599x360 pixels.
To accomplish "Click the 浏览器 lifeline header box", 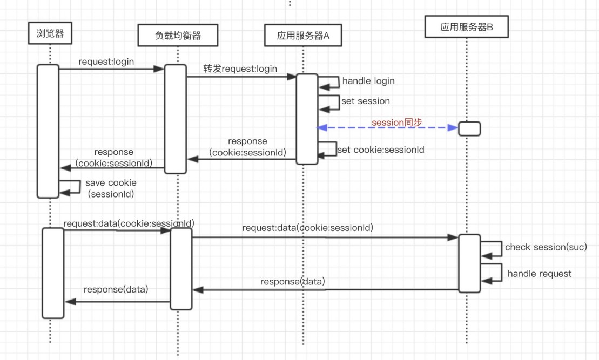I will pos(49,34).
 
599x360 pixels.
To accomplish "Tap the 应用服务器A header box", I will pos(303,36).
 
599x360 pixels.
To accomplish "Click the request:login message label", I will pos(106,62).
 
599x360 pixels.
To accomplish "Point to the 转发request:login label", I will pos(240,69).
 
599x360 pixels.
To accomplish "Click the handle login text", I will pos(368,81).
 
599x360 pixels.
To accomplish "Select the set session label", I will pos(366,101).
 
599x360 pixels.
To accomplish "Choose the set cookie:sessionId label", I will pos(380,150).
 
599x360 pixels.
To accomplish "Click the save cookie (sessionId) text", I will pos(111,188).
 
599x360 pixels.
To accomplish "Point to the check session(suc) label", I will pos(546,247).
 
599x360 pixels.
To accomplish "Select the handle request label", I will pos(539,274).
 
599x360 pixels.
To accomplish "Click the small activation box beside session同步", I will pos(469,128).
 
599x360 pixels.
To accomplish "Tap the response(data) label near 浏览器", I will pos(116,289).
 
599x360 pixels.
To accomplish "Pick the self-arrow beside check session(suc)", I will pos(492,248).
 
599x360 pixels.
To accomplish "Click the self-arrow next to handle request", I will pos(492,273).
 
